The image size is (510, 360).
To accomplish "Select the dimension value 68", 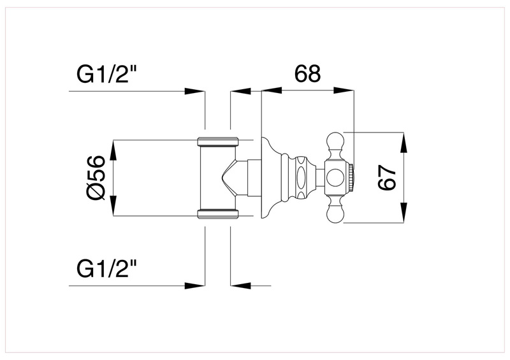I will (x=307, y=74).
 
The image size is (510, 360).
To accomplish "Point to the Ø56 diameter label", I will (x=96, y=178).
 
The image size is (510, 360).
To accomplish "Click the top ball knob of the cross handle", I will (x=335, y=138).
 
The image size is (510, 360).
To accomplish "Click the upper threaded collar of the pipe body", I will (x=217, y=141).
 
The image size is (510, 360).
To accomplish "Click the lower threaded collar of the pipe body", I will (x=217, y=213).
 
